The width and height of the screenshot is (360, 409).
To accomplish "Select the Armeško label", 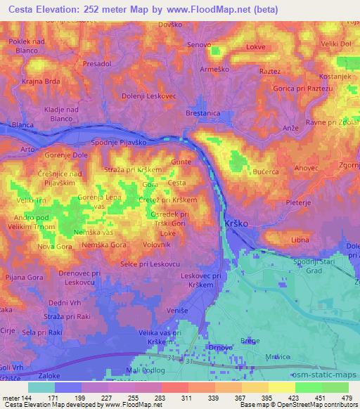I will (212, 70).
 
